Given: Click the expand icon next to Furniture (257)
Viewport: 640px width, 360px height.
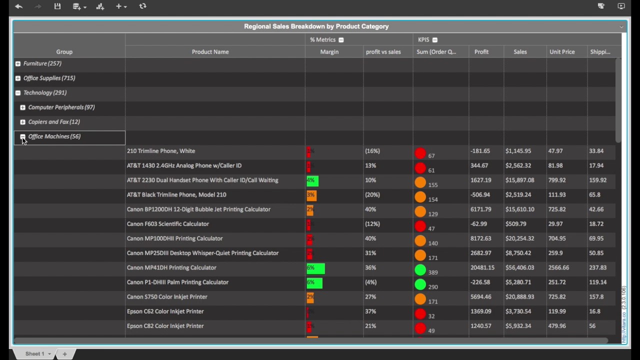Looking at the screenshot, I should click(18, 63).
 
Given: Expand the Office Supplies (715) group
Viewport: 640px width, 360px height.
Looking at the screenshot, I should click(18, 78).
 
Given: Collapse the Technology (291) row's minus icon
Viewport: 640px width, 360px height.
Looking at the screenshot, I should click(18, 92).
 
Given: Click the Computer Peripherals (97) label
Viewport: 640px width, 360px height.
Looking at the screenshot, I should click(61, 107).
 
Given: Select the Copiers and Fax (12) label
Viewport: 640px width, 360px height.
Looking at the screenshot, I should click(54, 121).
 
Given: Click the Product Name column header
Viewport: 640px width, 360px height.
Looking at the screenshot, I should click(210, 52).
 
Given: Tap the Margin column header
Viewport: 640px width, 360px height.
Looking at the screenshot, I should click(329, 52).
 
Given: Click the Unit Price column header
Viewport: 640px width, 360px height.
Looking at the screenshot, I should click(562, 52).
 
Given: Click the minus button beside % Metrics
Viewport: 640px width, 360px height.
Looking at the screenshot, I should click(341, 40).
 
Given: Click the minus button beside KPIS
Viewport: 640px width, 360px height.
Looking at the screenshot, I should click(434, 40).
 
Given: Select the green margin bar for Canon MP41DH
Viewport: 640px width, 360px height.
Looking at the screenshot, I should click(315, 268).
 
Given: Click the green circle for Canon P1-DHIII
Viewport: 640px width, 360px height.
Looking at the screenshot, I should click(420, 285).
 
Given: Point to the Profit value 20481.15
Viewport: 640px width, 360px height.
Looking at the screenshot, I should click(482, 267).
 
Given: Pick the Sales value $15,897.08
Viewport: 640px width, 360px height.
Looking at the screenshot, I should click(519, 180).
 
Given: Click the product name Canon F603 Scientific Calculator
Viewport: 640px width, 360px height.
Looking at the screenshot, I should click(168, 224).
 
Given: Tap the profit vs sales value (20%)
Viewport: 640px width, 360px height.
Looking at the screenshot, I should click(372, 194).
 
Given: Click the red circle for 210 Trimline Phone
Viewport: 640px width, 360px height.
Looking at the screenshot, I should click(420, 153).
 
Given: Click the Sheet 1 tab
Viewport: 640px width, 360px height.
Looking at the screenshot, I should click(34, 354).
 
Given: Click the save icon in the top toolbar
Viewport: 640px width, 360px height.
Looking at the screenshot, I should click(57, 6).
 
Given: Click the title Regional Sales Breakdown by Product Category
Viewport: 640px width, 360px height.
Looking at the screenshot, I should click(316, 26).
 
